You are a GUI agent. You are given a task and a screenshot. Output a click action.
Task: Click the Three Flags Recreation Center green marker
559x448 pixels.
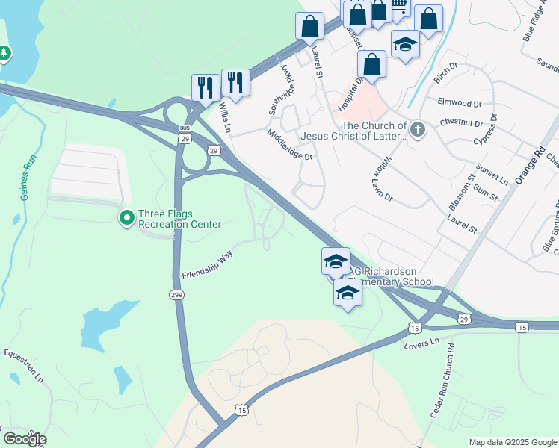pos(127,217)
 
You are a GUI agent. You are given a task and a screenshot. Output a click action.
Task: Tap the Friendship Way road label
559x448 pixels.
pos(208,264)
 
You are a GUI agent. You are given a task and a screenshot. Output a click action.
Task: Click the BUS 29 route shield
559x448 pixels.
pos(185,135)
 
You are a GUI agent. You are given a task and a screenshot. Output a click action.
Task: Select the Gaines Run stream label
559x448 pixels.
pos(26,179)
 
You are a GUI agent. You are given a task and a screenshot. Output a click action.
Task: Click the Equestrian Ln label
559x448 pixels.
pos(24,365)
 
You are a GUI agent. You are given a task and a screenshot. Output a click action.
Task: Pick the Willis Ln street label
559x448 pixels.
pos(226,118)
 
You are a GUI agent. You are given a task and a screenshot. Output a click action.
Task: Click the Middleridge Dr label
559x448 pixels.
pos(289,145)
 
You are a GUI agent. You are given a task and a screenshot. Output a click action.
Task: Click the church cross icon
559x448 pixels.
pos(418,131)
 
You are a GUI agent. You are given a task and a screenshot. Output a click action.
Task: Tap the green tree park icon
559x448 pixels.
pos(5,54)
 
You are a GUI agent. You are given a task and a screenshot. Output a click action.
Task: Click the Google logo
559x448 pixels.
pos(25,439)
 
